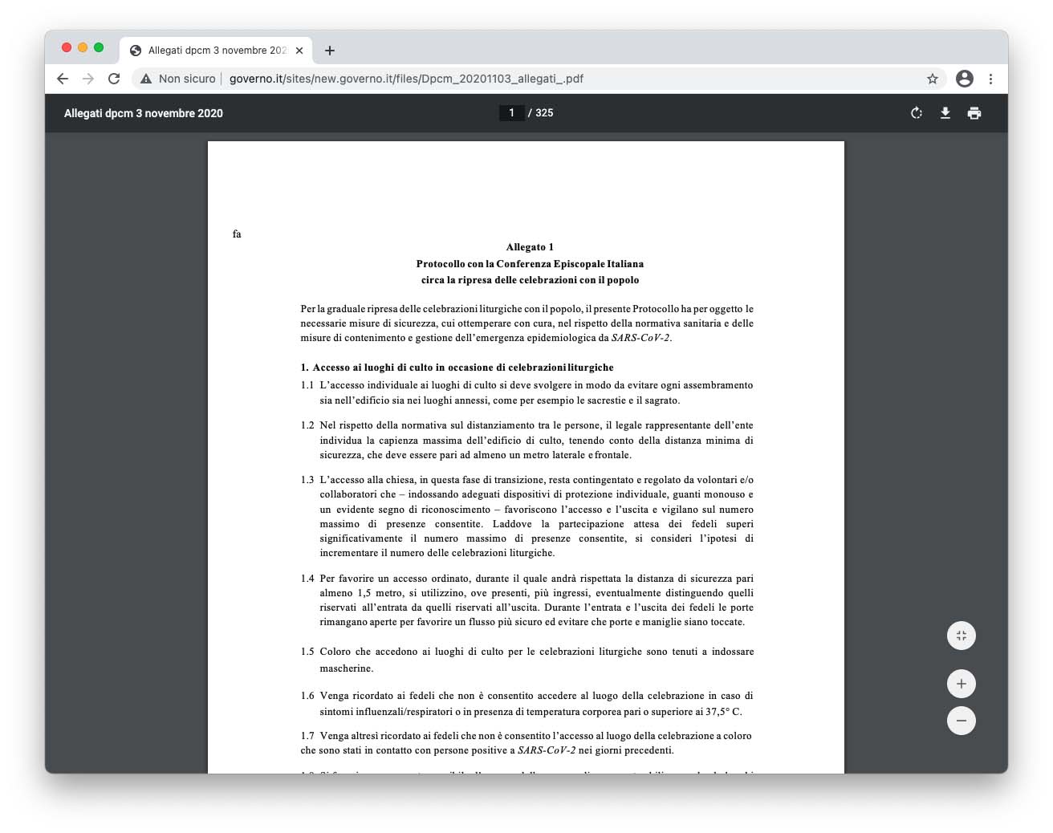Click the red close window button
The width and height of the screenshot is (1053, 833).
(x=67, y=47)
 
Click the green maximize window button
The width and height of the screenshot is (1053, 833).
(x=99, y=47)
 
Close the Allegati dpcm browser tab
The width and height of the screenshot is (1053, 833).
(x=299, y=51)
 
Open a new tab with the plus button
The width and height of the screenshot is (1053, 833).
(x=330, y=51)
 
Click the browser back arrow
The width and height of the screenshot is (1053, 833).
(x=63, y=79)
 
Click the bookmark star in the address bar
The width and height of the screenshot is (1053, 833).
(x=933, y=79)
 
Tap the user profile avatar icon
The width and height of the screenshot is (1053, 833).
(x=965, y=79)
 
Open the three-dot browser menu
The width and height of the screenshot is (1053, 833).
(x=991, y=79)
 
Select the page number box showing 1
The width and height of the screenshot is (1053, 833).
(x=511, y=113)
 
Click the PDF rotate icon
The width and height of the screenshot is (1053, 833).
(x=917, y=113)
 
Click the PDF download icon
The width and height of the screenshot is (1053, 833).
(x=945, y=113)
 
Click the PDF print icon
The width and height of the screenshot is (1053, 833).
(x=974, y=113)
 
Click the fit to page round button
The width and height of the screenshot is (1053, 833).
(x=962, y=636)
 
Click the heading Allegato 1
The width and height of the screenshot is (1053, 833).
(x=530, y=247)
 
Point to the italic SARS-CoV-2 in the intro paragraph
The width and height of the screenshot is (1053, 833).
(x=640, y=338)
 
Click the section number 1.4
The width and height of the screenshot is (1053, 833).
(x=307, y=579)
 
